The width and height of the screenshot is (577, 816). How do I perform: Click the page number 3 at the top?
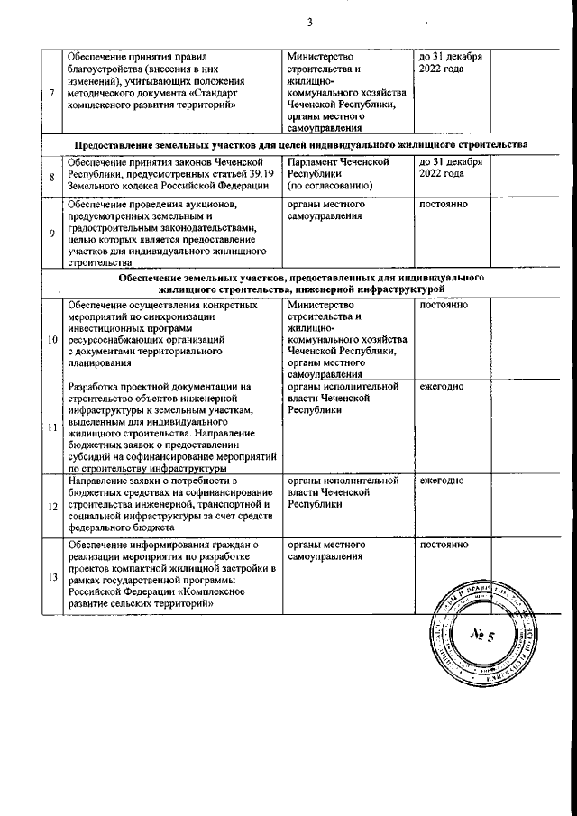click(309, 23)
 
